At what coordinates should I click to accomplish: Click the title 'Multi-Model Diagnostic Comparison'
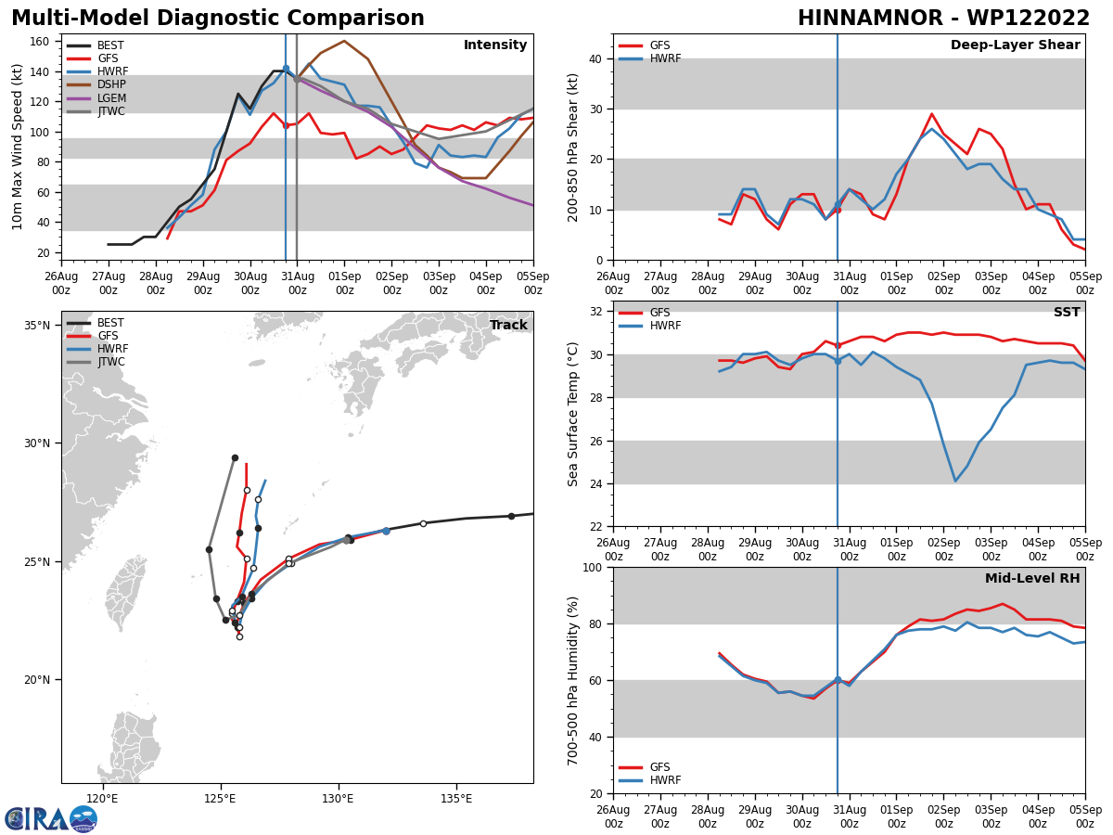(217, 19)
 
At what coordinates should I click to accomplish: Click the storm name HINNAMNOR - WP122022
(943, 19)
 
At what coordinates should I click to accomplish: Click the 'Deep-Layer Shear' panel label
(1015, 45)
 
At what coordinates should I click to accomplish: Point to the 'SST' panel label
(1067, 313)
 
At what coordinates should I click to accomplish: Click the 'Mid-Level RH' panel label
(1032, 579)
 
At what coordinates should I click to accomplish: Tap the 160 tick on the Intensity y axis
(41, 42)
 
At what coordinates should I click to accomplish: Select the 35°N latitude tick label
(37, 326)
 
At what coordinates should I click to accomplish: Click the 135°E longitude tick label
(456, 798)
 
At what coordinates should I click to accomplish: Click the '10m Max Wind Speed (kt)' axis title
(18, 147)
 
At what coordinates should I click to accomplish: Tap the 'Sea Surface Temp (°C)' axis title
(573, 414)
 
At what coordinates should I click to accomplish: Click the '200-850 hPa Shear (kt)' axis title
(573, 147)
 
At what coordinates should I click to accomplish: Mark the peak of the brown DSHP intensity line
(344, 41)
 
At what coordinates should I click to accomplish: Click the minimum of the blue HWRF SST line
(955, 481)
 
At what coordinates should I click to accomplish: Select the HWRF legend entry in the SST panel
(664, 327)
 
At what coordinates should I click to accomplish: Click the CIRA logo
(51, 819)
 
